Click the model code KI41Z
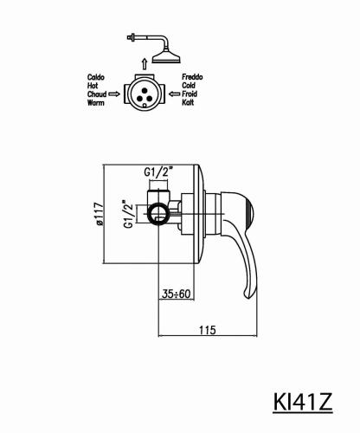click(x=303, y=402)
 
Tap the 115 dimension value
click(x=208, y=330)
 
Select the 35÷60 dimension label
click(x=177, y=294)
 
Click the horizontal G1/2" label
click(x=158, y=172)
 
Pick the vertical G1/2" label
click(x=129, y=214)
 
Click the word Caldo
click(x=96, y=77)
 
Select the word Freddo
click(x=192, y=77)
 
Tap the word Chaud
click(x=97, y=94)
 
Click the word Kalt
click(x=188, y=102)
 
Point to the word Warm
click(x=96, y=102)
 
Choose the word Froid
click(x=190, y=94)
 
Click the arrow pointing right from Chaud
click(x=114, y=94)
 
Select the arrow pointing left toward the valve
click(x=174, y=94)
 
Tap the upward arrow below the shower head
click(x=145, y=63)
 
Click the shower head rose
click(x=166, y=58)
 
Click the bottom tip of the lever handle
click(x=248, y=298)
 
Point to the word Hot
click(x=93, y=86)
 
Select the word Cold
click(x=189, y=86)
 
